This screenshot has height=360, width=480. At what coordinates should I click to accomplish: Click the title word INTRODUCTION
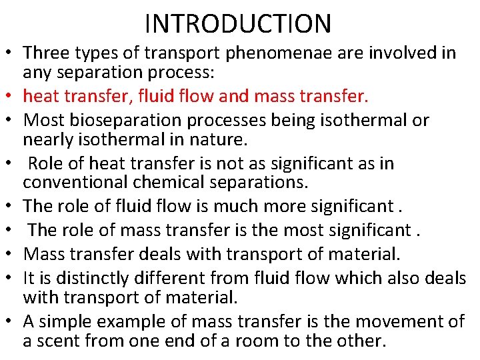click(x=238, y=24)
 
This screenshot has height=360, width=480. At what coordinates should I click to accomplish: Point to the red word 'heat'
click(x=42, y=97)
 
